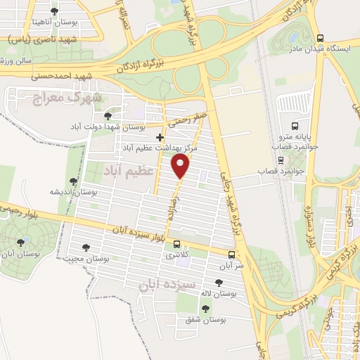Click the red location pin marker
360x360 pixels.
pos(181,167)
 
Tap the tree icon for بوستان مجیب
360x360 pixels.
pos(86,247)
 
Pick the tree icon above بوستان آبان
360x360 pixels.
pos(20,243)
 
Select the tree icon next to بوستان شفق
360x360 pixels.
pos(205,309)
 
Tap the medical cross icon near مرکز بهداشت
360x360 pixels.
pos(160,136)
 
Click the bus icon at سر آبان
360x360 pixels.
pos(231,255)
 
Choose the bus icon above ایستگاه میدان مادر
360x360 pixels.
pos(321,39)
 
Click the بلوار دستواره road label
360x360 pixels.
pos(307,229)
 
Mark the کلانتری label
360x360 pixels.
pos(177,255)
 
